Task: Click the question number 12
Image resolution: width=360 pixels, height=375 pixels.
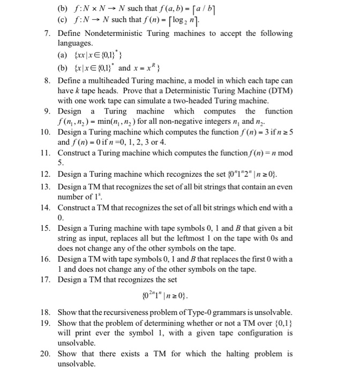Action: (46, 174)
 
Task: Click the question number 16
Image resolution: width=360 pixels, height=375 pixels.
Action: (46, 259)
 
